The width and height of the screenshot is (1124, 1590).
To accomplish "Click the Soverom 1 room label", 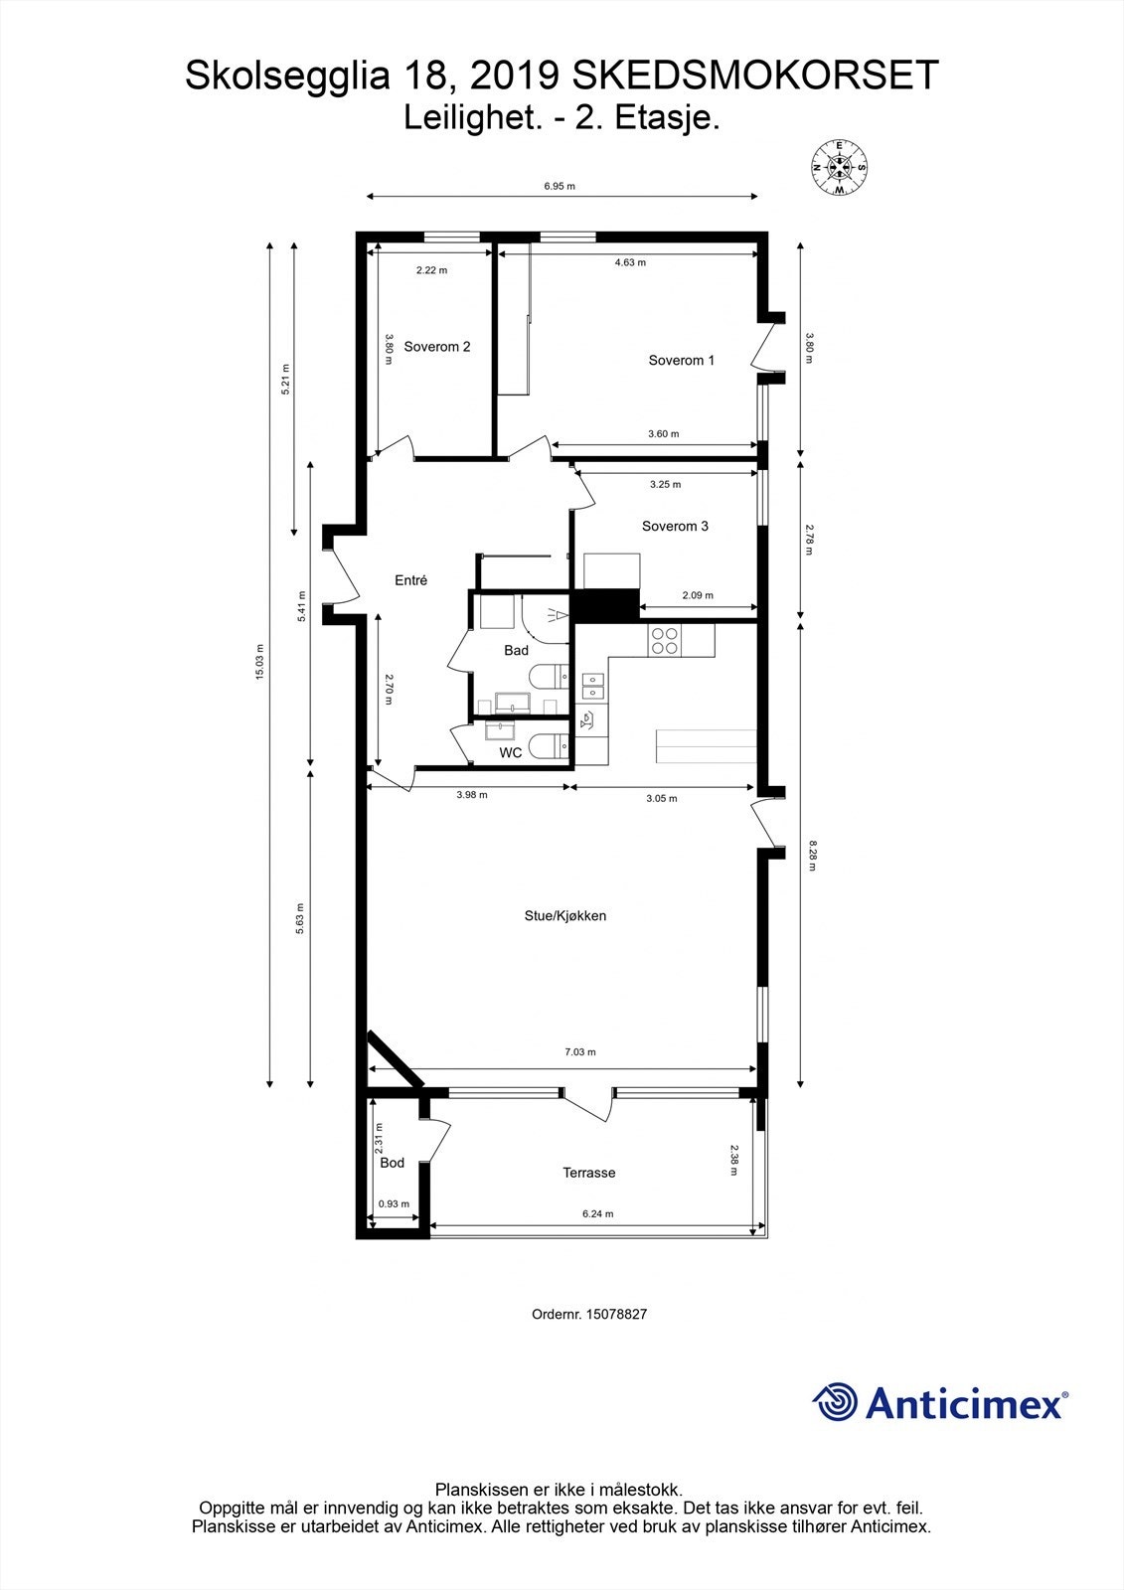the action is coord(681,361).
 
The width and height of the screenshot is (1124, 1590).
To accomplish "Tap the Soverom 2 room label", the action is coord(436,347).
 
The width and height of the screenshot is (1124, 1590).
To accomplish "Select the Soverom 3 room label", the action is coord(675,526).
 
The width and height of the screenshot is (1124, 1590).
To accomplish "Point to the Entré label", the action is coord(411,580).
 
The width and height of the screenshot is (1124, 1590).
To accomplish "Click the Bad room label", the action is coord(516,650).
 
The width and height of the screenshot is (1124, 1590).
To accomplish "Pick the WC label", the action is coord(511,753).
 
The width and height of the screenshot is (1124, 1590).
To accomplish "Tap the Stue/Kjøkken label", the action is coord(565,916).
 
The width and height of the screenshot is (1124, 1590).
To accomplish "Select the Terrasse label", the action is coord(588,1174).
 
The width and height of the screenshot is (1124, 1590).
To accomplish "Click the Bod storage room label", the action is coord(392,1163).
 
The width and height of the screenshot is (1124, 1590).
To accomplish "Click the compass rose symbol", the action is coord(839,168).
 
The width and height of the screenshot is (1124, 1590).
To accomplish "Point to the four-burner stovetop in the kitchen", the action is coord(664,640).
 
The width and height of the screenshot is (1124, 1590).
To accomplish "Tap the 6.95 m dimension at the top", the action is coord(560,187).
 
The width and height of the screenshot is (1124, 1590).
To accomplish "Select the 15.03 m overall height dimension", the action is coord(259,662).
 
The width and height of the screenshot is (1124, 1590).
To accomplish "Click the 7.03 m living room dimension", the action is coord(580,1052).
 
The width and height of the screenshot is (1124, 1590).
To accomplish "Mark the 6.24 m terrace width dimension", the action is coord(598,1214).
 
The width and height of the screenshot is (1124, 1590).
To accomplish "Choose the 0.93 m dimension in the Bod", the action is coord(394,1204).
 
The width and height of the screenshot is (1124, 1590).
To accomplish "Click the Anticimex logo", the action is coord(940,1403).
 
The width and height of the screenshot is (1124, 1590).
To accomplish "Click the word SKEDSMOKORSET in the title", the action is coord(755,76).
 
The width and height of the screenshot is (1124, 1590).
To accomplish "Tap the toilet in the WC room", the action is coord(551,745).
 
